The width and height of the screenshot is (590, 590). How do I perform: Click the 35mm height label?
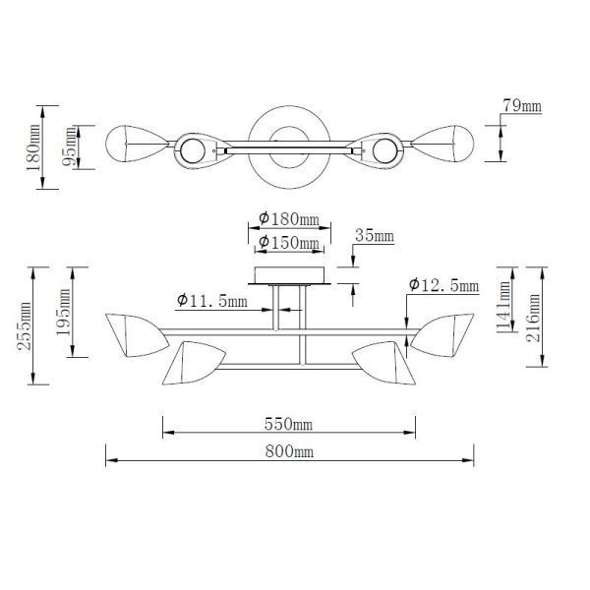[x=375, y=236]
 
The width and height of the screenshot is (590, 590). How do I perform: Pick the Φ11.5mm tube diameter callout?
[x=211, y=301]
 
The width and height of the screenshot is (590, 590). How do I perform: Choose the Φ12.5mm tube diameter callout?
[x=442, y=285]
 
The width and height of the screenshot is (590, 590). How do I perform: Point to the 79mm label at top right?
[x=521, y=105]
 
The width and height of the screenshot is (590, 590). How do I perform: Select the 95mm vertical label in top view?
[x=69, y=148]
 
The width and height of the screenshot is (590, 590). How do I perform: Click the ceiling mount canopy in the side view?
[x=289, y=274]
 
